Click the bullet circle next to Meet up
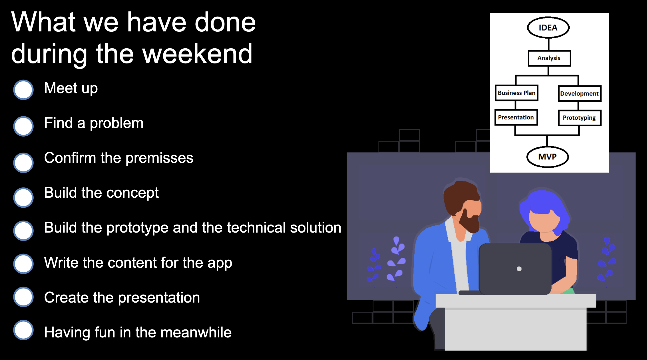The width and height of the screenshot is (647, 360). click(x=23, y=90)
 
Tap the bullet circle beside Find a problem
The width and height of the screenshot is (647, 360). click(x=23, y=126)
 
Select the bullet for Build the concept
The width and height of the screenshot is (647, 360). click(x=23, y=197)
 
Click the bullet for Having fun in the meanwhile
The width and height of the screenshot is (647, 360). click(x=23, y=330)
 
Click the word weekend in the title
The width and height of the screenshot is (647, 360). click(x=198, y=53)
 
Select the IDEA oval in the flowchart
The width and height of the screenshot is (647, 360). click(x=548, y=27)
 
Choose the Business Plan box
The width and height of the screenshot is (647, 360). click(x=517, y=93)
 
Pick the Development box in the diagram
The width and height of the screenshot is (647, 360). click(x=580, y=93)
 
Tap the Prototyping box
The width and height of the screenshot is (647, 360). click(x=580, y=118)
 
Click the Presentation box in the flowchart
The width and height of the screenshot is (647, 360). click(x=516, y=117)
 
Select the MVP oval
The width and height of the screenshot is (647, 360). click(x=547, y=157)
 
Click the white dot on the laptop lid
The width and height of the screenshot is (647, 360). click(x=519, y=269)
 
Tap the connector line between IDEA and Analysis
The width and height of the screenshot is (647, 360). click(x=549, y=44)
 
